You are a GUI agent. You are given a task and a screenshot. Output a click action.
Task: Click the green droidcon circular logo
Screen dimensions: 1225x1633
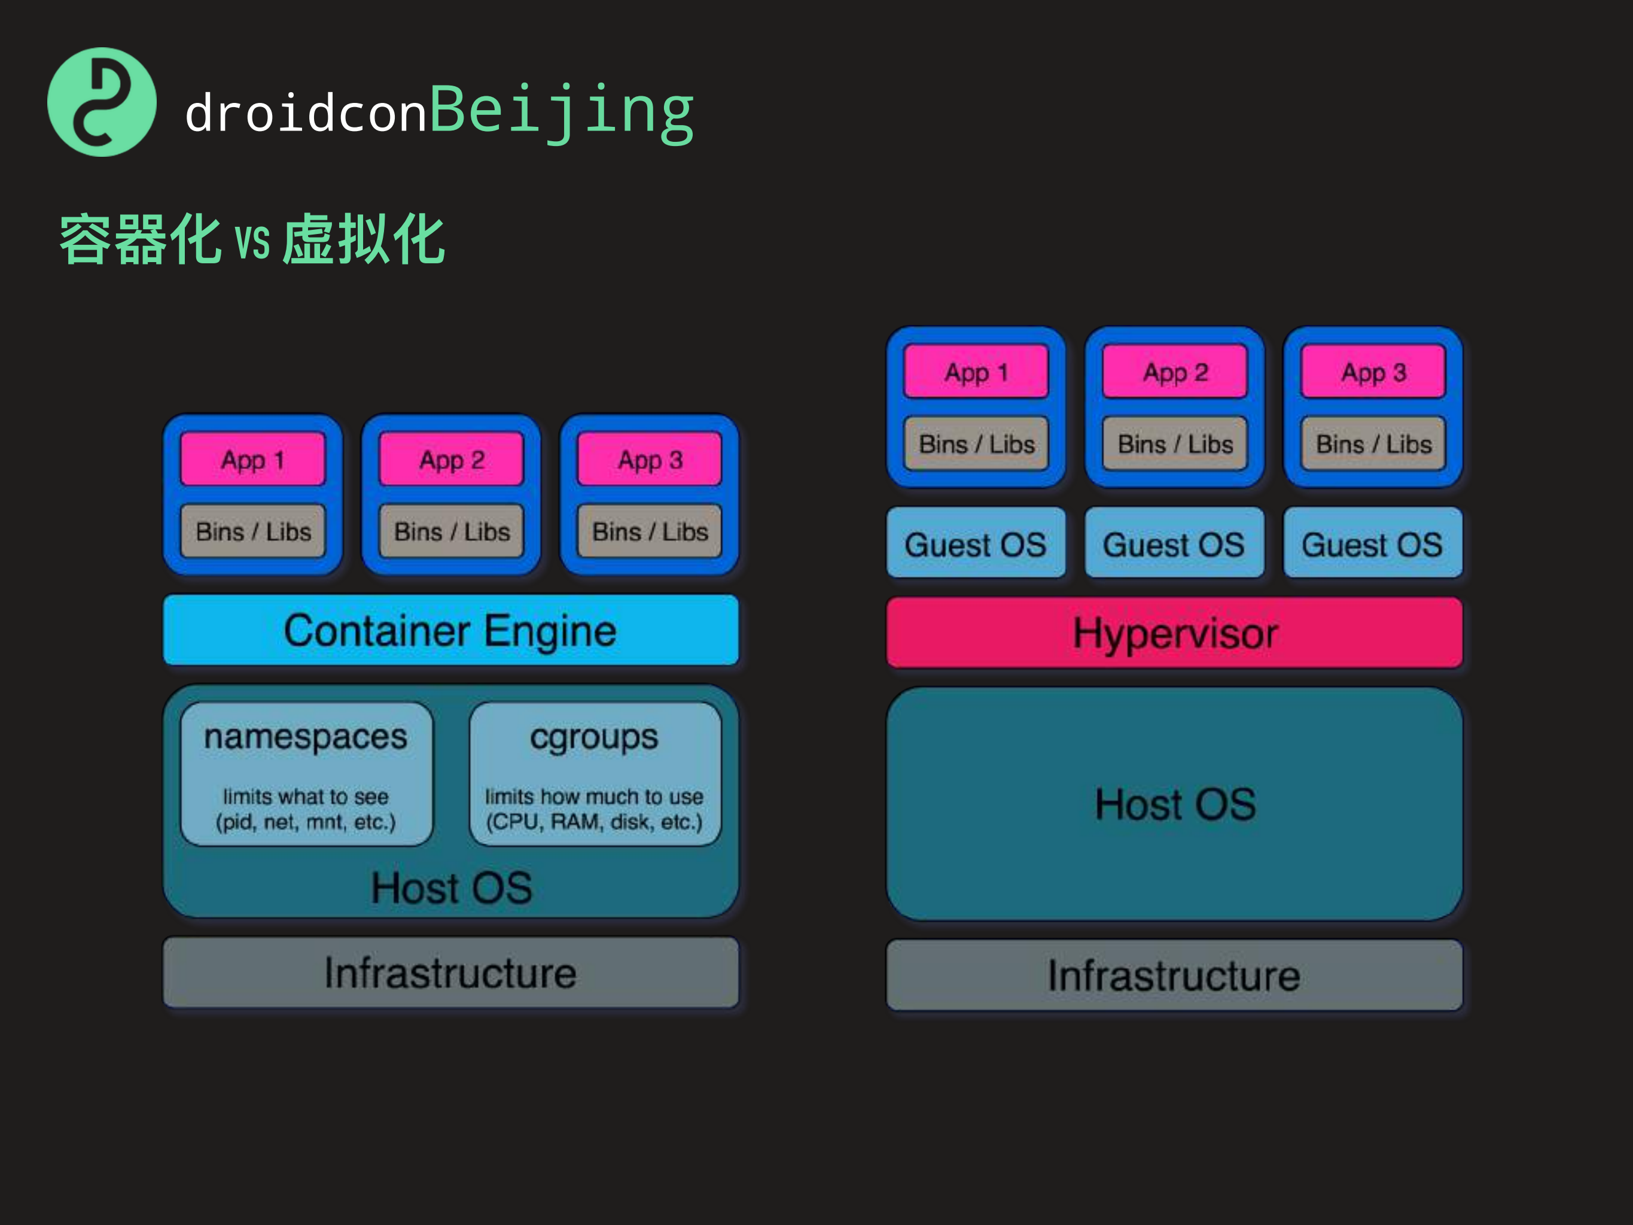[x=102, y=102]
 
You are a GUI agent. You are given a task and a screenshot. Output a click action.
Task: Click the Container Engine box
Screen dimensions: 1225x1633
[x=450, y=630]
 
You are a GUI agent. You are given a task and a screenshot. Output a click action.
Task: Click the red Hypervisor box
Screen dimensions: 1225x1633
[x=1174, y=633]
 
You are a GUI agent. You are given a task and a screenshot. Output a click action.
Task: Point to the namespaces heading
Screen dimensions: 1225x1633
[x=306, y=737]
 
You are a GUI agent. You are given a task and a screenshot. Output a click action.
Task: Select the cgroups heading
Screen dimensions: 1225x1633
[x=595, y=737]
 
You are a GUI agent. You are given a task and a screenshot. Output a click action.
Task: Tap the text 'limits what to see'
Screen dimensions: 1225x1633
[x=306, y=797]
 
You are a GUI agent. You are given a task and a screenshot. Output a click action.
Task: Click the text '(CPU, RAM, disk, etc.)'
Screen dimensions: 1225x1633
[x=595, y=822]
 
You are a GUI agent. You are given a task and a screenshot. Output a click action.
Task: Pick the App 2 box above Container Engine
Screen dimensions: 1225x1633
[x=451, y=459]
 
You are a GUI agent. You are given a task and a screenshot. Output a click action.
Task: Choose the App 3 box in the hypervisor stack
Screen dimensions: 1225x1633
[x=1373, y=372]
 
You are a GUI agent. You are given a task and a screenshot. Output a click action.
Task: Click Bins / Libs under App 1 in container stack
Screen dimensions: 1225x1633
[x=253, y=531]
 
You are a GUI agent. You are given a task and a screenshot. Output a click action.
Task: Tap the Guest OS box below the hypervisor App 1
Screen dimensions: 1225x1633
[x=975, y=544]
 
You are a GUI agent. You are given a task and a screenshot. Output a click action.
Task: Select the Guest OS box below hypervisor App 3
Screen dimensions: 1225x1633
[x=1372, y=544]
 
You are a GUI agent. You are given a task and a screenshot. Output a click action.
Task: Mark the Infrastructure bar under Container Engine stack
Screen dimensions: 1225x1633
[x=450, y=972]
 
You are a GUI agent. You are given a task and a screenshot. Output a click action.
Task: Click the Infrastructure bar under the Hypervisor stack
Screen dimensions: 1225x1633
[x=1174, y=975]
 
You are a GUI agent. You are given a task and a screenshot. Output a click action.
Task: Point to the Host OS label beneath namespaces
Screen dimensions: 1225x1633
[x=451, y=887]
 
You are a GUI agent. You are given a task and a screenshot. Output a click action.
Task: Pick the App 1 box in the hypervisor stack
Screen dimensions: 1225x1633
[x=976, y=372]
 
